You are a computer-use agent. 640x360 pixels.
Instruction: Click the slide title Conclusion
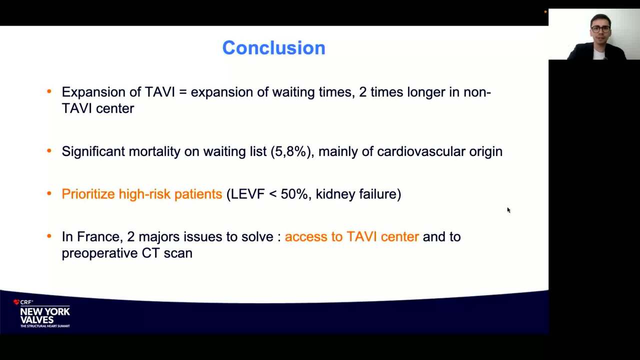coord(273,47)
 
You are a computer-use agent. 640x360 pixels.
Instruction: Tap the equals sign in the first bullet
coord(183,92)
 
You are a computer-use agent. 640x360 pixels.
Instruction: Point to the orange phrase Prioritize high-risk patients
coord(142,194)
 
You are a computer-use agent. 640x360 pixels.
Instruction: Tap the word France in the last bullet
coord(98,237)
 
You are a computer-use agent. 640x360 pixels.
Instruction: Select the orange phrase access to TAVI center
coord(351,237)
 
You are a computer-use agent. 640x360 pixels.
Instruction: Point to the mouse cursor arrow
coord(508,210)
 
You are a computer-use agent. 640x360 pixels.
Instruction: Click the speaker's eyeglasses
coord(600,29)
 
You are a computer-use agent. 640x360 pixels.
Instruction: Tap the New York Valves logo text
coord(45,315)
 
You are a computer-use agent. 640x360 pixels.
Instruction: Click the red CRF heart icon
coord(16,302)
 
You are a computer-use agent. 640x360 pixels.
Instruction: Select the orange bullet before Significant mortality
coord(49,150)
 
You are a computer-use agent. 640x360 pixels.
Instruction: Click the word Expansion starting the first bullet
coord(93,92)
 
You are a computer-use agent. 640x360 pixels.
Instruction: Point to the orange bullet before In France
coord(49,236)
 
